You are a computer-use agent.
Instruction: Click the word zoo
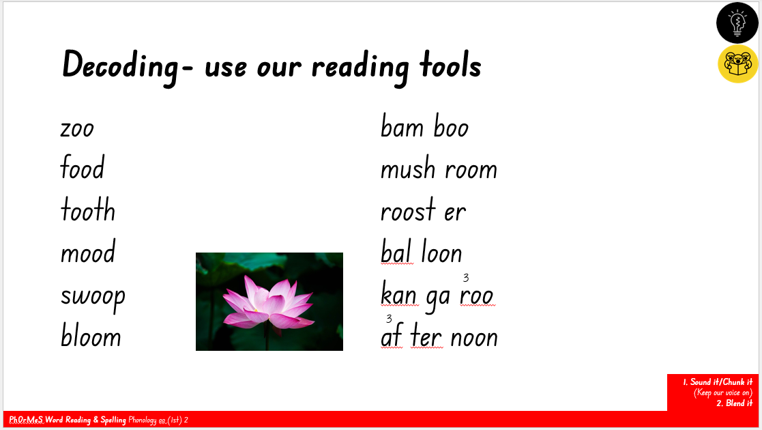77,130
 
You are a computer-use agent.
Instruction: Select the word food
82,167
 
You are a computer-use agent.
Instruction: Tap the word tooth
88,210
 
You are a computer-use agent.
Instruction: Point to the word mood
88,252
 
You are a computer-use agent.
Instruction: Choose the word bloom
91,335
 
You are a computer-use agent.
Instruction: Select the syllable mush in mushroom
408,169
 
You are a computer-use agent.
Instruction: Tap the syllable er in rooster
455,213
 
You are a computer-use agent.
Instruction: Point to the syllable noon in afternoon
474,339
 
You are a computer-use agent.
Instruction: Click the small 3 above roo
465,278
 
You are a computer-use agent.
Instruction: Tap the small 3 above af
389,319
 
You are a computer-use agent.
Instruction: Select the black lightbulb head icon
737,23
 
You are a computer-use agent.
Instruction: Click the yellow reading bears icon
737,63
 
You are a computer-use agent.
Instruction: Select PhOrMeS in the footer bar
26,420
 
